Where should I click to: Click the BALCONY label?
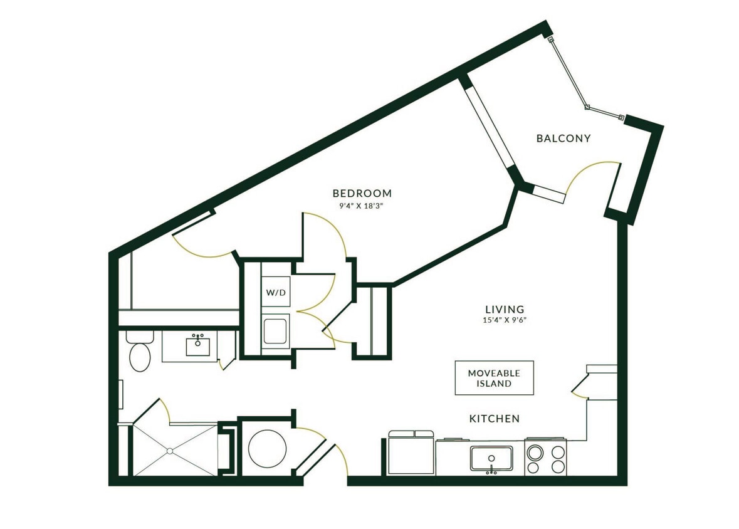click(563, 139)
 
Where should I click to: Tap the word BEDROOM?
click(362, 193)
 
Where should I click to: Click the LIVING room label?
click(504, 310)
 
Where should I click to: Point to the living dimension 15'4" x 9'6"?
click(504, 321)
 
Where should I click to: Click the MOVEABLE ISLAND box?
click(494, 378)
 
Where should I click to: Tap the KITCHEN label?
click(495, 418)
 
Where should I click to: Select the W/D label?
click(276, 293)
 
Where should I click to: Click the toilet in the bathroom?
click(139, 354)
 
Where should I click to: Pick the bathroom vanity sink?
click(198, 344)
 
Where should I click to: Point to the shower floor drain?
click(169, 450)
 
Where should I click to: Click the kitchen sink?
click(491, 458)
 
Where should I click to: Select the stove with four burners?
click(545, 458)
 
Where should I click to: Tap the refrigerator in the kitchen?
click(411, 454)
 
